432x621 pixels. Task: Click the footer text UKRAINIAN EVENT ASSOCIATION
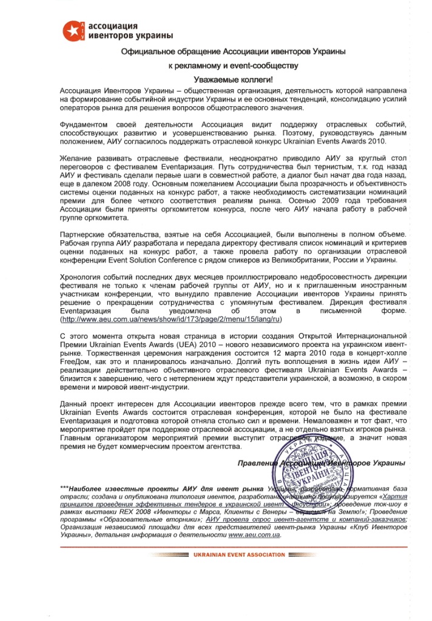pyautogui.click(x=238, y=555)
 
